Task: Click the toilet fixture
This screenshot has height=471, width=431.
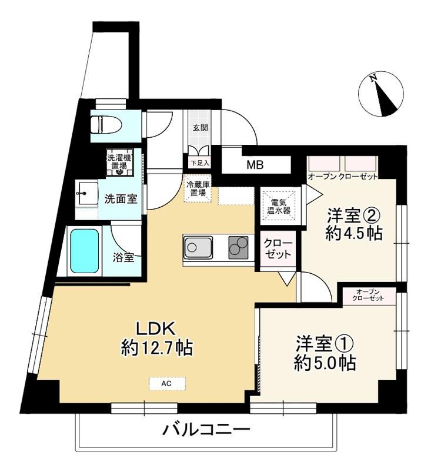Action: coord(106,125)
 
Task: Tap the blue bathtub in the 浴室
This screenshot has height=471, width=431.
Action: coord(85,251)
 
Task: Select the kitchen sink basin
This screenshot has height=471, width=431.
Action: coord(198,247)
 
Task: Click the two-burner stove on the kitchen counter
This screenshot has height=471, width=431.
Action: coord(239,247)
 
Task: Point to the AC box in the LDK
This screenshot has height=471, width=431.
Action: coord(167,384)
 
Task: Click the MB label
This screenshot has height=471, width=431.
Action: coord(255,165)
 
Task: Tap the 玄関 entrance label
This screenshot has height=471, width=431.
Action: coord(200,128)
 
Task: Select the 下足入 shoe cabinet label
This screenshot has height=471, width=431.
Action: coord(200,163)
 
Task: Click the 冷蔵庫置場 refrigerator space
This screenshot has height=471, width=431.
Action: coord(197,188)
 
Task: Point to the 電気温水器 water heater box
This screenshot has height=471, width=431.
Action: coord(279,206)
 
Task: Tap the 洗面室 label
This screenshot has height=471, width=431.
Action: coord(121,199)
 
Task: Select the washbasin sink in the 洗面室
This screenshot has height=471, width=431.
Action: coord(87,194)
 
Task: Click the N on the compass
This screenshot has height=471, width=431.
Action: coord(373,78)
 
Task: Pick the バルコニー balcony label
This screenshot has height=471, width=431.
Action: coord(206,430)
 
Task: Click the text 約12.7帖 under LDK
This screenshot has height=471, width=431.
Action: coord(157,348)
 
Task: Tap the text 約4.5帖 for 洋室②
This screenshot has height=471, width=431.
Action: coord(354,233)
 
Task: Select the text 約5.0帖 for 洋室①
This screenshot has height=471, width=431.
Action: coord(325,363)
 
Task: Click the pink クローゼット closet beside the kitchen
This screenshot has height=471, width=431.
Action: coord(278,248)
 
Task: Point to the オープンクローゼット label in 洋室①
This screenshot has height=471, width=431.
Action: coord(367,295)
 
